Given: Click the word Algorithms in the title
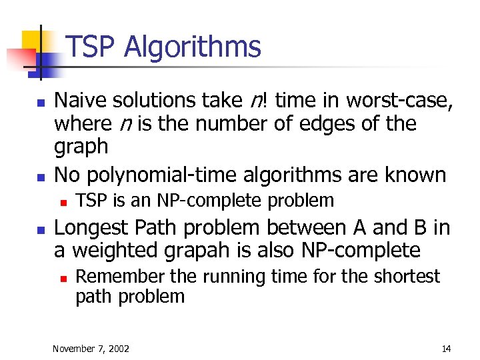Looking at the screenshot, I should (193, 48).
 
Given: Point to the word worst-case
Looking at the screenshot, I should (400, 100).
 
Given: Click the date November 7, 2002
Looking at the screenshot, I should (91, 348).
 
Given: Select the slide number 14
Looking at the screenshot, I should (446, 348).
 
